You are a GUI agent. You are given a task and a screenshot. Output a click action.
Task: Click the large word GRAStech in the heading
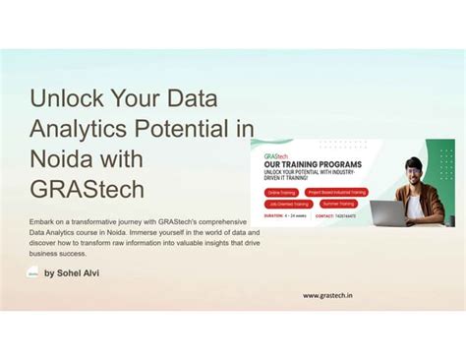pos(87,190)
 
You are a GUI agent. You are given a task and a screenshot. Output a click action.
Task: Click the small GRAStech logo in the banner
pos(275,155)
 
